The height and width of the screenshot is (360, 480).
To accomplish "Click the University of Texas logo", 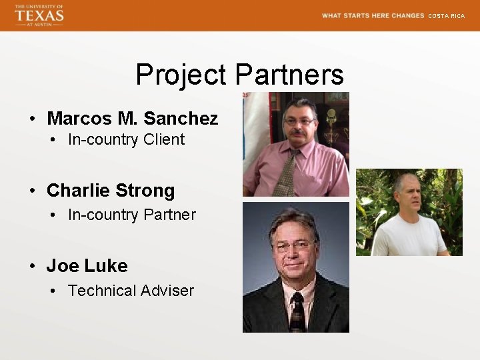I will [x=39, y=15].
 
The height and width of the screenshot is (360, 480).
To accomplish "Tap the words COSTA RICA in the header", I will [x=446, y=16].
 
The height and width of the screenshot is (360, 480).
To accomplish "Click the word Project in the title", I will [x=181, y=75].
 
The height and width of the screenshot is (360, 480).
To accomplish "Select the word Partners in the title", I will [x=289, y=75].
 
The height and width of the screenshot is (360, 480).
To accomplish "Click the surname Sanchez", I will [x=181, y=119].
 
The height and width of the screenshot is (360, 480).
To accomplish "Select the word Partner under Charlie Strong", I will [x=171, y=215].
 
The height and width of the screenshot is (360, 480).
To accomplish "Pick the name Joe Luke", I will [x=87, y=266].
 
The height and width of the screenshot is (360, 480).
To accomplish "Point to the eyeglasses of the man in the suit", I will [x=294, y=246].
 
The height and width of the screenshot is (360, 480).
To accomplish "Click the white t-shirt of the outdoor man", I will [x=407, y=237].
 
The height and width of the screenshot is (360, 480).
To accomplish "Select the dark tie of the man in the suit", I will [x=297, y=313].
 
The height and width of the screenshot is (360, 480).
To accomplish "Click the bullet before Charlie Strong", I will [x=32, y=191].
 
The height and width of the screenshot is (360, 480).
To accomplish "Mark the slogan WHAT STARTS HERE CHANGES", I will [x=373, y=15].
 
